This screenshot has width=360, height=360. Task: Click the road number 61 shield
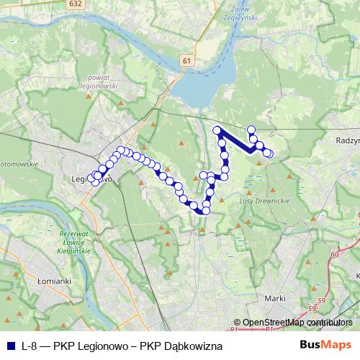187,61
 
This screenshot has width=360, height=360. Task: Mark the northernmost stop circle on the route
251,130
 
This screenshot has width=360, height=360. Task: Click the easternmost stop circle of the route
269,153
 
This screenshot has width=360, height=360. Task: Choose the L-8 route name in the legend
31,346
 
